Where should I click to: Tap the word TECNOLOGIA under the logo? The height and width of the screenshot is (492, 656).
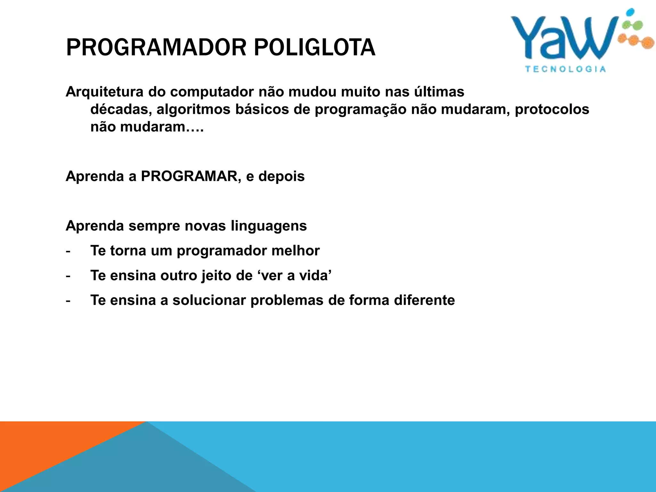(565, 69)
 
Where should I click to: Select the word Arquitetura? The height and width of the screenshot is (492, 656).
(104, 92)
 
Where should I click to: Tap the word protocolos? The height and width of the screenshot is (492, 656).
(552, 110)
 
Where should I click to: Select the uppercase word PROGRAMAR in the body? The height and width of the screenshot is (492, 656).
(189, 176)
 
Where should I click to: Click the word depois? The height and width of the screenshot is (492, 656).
(282, 176)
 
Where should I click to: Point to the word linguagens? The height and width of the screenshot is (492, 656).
(268, 226)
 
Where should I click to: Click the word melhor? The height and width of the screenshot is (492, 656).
(295, 250)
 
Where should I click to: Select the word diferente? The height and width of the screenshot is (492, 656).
(424, 300)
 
